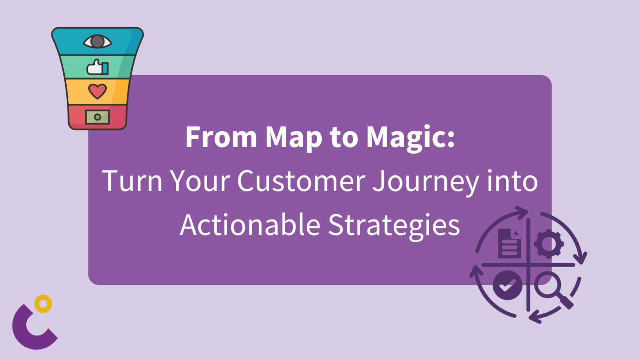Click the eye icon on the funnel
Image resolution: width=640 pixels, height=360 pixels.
(97, 42)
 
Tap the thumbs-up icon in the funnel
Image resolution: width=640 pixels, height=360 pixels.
(97, 67)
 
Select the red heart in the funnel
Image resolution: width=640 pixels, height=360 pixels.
(97, 91)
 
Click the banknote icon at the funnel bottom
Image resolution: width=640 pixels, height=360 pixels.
(97, 117)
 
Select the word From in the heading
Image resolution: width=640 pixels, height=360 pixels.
(221, 137)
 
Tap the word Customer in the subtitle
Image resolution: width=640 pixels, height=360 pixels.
(301, 180)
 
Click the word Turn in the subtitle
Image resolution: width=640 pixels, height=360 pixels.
(132, 180)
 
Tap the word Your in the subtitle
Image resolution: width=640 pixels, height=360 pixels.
(200, 180)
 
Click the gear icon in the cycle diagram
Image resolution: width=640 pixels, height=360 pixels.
(549, 244)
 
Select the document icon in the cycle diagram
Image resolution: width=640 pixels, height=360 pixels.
(509, 243)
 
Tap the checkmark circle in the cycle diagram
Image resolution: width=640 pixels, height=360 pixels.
(508, 285)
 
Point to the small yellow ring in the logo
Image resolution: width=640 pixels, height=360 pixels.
(43, 304)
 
